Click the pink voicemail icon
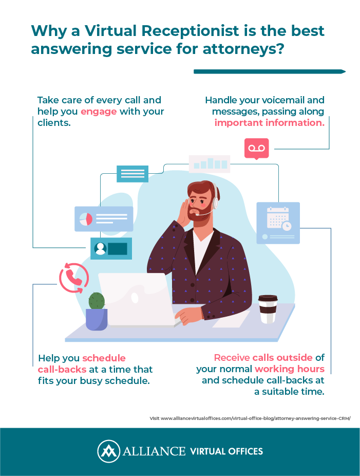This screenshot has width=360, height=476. [x=257, y=149]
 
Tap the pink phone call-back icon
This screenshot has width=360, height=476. [x=74, y=278]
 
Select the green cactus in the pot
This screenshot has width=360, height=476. [x=97, y=301]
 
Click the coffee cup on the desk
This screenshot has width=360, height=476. [x=268, y=309]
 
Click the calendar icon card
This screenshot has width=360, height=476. [x=278, y=223]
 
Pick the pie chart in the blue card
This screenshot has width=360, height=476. [x=86, y=219]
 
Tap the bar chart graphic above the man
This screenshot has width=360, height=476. [x=210, y=163]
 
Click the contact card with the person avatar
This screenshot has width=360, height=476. [x=111, y=249]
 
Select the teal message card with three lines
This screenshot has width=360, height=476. [x=132, y=174]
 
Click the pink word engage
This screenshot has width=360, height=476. [x=99, y=112]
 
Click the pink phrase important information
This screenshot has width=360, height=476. [x=269, y=123]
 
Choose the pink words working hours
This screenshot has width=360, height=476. [x=290, y=369]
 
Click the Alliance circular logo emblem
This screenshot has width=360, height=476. [x=108, y=451]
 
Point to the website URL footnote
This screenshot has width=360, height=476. [x=250, y=418]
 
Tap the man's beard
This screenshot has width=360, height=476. [x=199, y=214]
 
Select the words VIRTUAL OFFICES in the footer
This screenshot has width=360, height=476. [x=226, y=451]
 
